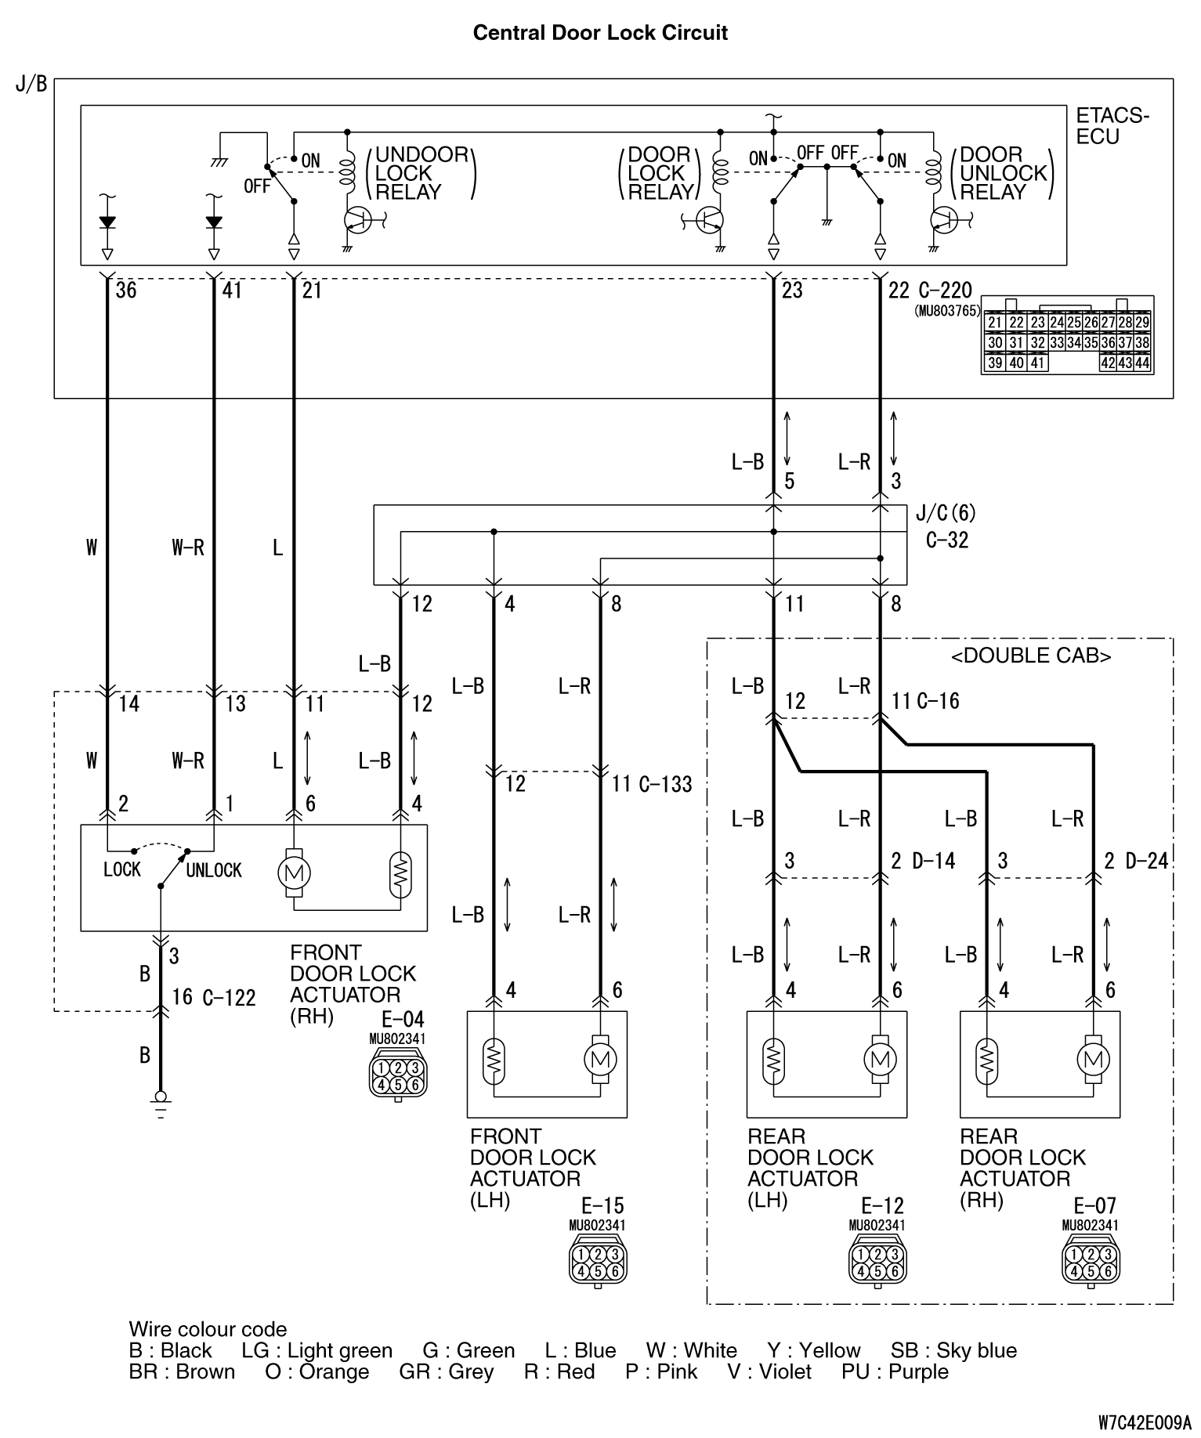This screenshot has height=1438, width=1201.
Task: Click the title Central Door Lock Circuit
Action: point(600,33)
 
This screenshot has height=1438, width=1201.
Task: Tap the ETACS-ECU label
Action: point(1112,126)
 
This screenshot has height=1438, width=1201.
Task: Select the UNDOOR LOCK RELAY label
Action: point(421,173)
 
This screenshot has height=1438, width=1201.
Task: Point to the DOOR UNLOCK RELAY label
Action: point(1003,173)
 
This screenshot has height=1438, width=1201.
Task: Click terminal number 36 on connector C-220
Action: point(126,291)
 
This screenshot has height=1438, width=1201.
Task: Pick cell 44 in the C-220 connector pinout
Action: point(1141,363)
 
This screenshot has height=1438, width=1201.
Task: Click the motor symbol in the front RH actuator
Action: point(294,872)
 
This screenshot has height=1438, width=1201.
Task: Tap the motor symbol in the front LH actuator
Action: point(600,1059)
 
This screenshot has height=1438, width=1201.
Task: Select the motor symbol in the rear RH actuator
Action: point(1094,1059)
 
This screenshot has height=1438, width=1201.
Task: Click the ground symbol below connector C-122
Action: point(161,1101)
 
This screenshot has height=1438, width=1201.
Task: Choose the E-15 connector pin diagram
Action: point(597,1260)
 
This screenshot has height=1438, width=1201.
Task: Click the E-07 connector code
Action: point(1094,1205)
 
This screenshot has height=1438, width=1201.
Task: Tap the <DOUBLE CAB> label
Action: point(1031,656)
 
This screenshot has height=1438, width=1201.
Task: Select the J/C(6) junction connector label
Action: point(946,514)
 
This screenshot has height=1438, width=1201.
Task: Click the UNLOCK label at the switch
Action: point(213,870)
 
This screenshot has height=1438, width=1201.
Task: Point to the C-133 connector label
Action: point(665,784)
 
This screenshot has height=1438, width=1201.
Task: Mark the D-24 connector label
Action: point(1147,862)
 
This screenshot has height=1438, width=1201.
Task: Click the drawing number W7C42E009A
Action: point(1144,1422)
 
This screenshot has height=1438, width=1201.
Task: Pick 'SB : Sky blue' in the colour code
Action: point(953,1350)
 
